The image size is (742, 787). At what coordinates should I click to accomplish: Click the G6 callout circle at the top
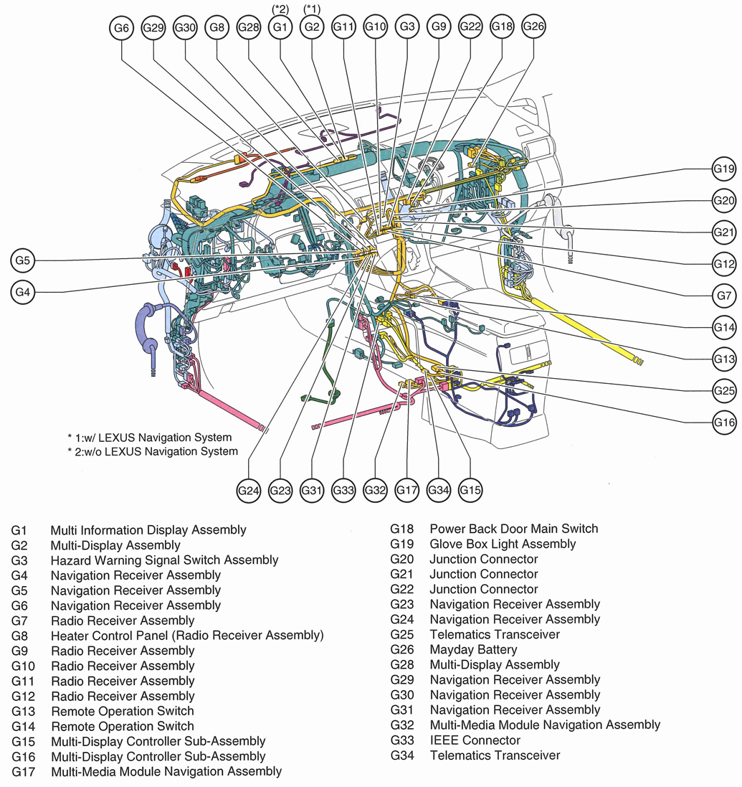click(121, 28)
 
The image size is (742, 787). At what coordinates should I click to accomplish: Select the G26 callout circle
click(533, 27)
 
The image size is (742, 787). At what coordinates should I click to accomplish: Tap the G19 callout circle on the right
click(724, 169)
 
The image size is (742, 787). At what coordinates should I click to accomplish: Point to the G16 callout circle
click(724, 423)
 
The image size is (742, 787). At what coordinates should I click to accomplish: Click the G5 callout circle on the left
click(23, 260)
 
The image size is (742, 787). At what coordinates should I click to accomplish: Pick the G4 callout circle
click(23, 291)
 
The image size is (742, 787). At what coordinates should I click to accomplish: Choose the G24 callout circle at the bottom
click(248, 490)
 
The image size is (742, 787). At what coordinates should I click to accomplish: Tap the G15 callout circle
click(470, 490)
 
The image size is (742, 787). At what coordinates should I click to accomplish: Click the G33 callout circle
click(344, 490)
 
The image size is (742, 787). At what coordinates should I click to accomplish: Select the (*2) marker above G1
click(280, 9)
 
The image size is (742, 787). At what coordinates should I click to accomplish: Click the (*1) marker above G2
click(312, 9)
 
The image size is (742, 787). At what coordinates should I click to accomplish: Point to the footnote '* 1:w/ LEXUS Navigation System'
click(150, 437)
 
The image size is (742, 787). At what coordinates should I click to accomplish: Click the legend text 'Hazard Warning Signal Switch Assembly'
click(164, 560)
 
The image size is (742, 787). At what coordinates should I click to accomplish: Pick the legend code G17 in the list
click(23, 771)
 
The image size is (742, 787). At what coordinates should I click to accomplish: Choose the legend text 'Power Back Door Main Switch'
click(513, 529)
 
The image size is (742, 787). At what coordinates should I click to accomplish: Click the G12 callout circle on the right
click(724, 264)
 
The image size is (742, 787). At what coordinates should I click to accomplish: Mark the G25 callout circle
click(724, 391)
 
